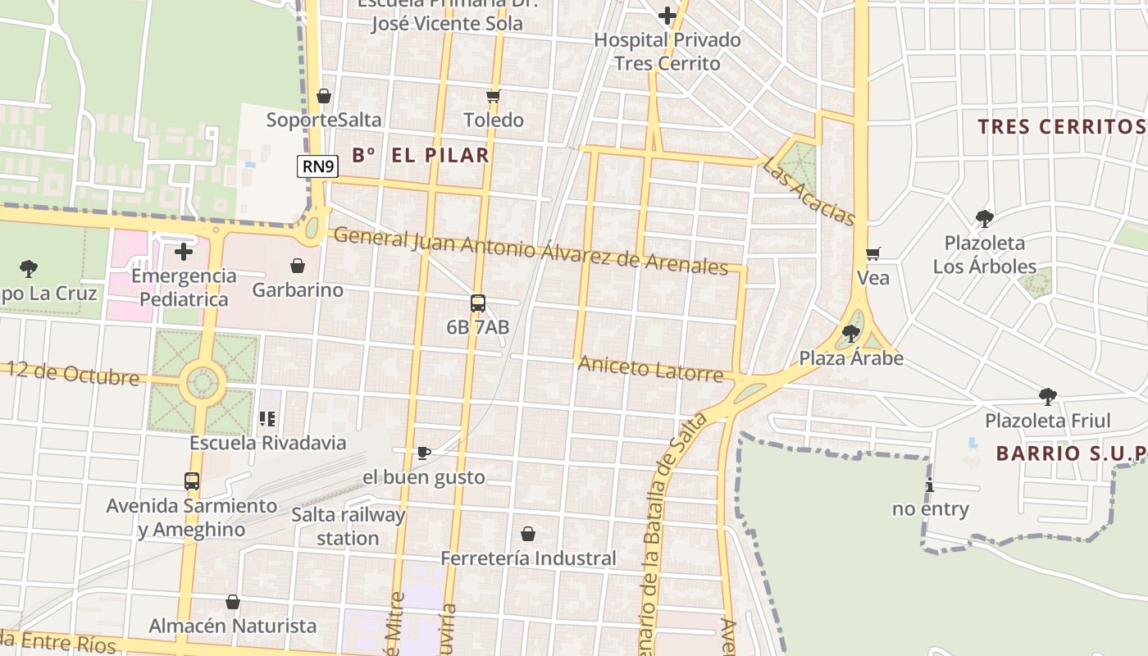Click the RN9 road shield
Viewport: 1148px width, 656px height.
(317, 166)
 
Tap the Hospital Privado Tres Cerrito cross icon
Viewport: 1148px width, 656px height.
(667, 15)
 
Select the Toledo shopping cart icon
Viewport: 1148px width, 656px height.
(493, 97)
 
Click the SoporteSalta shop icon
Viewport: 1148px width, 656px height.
(324, 96)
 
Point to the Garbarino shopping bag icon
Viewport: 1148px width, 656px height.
(298, 266)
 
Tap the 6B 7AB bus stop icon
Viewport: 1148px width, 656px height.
(478, 303)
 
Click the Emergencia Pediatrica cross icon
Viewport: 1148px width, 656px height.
(184, 251)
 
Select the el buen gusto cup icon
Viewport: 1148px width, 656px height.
(424, 453)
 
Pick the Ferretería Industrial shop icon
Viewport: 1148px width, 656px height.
(528, 534)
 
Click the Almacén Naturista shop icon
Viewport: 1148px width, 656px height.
(233, 602)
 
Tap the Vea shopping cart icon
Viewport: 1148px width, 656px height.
(872, 253)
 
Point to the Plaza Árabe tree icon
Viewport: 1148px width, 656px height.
(851, 334)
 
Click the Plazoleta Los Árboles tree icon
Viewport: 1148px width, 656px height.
(984, 219)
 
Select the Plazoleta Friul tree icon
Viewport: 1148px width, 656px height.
(1047, 397)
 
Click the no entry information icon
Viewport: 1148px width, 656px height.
(929, 485)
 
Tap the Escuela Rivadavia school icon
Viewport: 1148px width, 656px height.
(267, 419)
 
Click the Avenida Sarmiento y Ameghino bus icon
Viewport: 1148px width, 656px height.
(192, 481)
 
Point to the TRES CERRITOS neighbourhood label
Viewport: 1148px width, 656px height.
(1062, 126)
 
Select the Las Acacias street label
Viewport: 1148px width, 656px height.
(809, 192)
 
